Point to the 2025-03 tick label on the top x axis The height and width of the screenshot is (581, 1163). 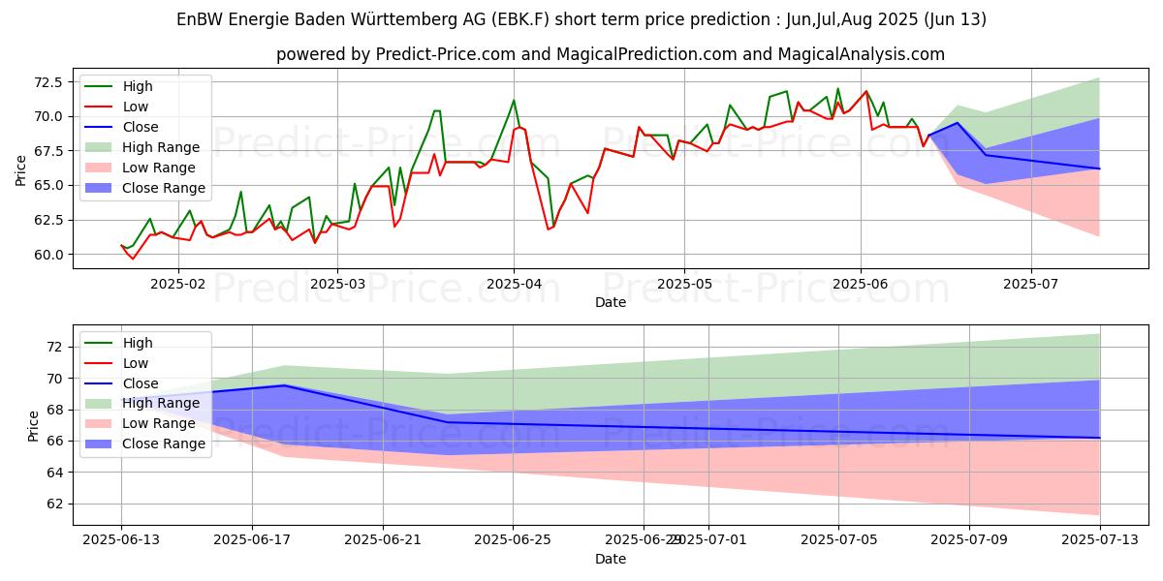click(x=336, y=283)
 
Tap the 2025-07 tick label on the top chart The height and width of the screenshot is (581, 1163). click(x=1030, y=283)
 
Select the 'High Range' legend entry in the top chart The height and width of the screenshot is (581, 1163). click(x=161, y=147)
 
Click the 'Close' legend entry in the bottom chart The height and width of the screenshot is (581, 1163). click(x=140, y=383)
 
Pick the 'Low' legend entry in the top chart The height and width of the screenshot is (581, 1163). click(x=136, y=107)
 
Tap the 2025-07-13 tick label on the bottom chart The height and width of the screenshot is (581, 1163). click(x=1100, y=539)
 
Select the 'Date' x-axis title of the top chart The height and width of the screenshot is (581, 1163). click(x=611, y=302)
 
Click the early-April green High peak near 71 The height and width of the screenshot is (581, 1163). click(x=514, y=100)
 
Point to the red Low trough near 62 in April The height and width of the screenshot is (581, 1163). click(x=549, y=229)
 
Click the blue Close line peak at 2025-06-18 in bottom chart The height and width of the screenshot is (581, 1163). click(x=284, y=385)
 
